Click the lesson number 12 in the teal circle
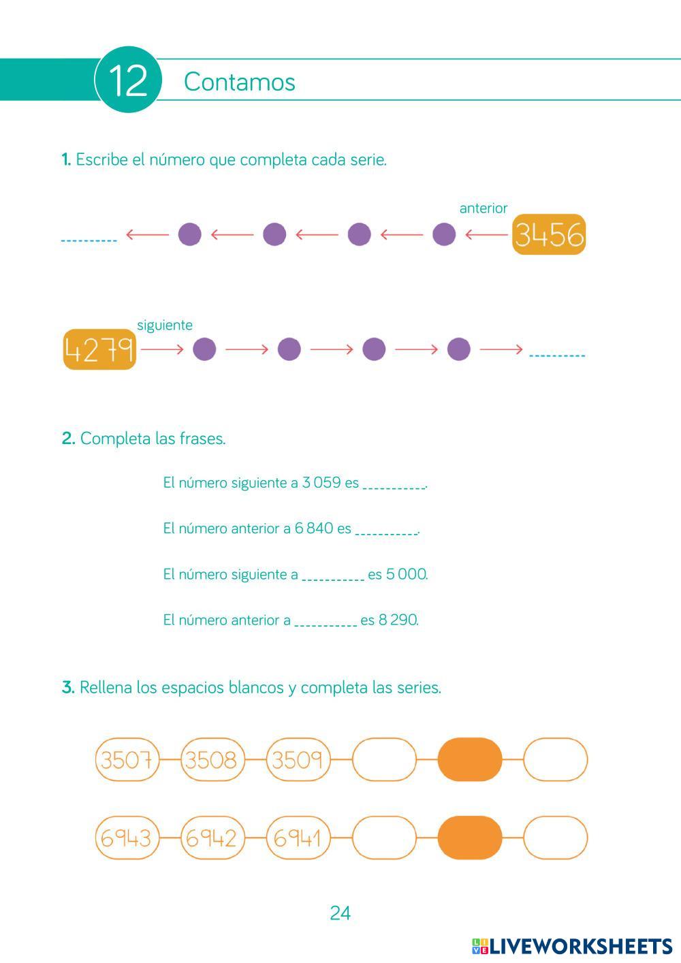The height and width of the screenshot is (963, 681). [128, 81]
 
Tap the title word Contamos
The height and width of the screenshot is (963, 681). [239, 82]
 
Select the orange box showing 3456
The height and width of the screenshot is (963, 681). [549, 235]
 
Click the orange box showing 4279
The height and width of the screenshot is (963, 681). [99, 350]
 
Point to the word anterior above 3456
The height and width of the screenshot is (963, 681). [483, 208]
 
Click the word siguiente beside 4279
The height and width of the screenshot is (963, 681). [165, 325]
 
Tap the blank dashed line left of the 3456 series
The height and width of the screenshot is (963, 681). [89, 240]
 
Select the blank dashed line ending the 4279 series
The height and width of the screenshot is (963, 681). [557, 355]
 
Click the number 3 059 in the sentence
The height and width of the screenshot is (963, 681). [321, 483]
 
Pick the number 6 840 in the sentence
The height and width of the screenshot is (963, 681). [314, 528]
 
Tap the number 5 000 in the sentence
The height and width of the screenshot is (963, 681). [406, 574]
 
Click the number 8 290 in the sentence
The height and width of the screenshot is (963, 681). [398, 620]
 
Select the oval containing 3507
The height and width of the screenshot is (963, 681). [127, 759]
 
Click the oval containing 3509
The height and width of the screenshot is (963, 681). [298, 759]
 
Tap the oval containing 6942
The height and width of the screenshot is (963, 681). [212, 838]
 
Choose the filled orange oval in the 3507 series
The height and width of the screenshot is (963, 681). [470, 759]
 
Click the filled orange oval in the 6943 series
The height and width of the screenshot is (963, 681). [470, 838]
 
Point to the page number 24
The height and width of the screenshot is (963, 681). [340, 913]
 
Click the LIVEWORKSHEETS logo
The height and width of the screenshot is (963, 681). [572, 946]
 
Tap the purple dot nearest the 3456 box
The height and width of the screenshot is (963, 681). [444, 234]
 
